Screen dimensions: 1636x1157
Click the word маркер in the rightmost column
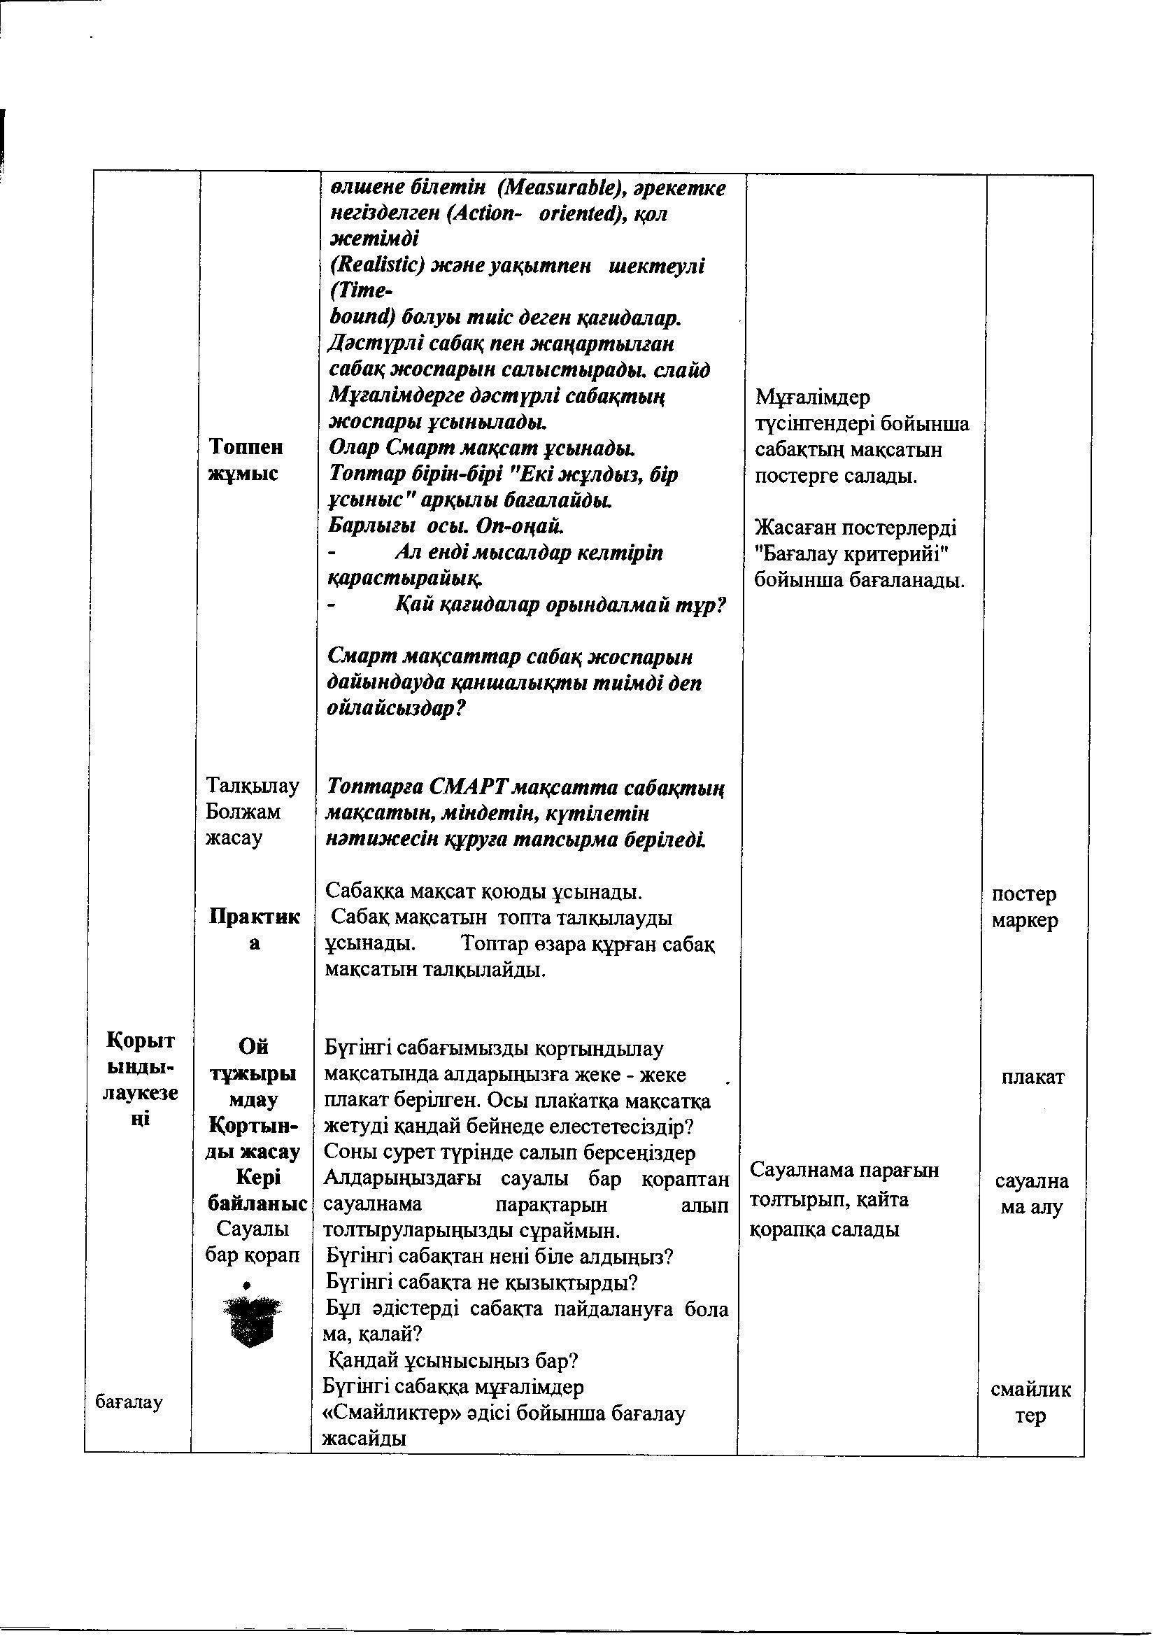(x=1025, y=920)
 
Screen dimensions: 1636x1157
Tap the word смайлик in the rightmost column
(x=1030, y=1389)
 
